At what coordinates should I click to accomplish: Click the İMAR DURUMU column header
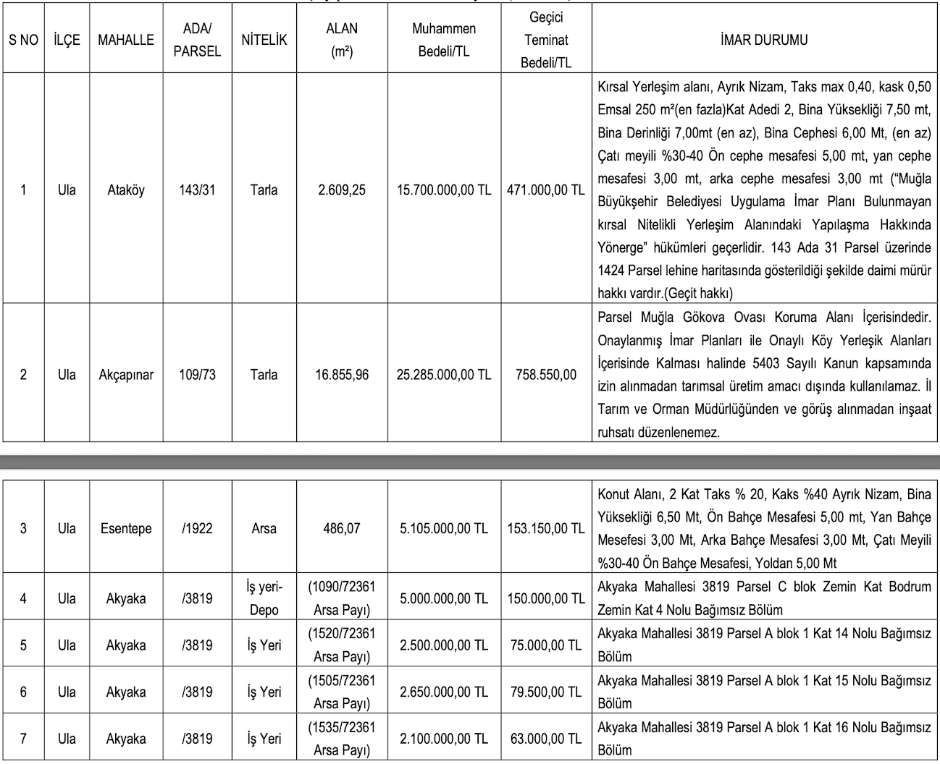[x=764, y=40]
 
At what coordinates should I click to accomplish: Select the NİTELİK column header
[x=264, y=40]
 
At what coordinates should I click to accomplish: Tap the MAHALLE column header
[x=126, y=40]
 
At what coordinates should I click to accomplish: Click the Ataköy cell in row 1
[x=126, y=190]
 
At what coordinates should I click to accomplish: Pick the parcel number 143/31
[x=197, y=190]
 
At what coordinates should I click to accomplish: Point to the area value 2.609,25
[x=342, y=190]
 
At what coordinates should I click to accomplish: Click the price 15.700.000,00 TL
[x=444, y=190]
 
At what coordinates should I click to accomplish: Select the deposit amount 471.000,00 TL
[x=545, y=190]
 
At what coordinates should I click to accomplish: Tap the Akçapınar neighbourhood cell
[x=126, y=375]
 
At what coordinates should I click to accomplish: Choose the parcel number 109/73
[x=197, y=375]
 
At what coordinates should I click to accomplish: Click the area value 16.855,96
[x=342, y=375]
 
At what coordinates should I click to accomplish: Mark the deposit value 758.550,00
[x=546, y=375]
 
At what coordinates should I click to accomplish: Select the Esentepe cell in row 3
[x=126, y=528]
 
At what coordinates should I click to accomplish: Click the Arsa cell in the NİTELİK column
[x=264, y=528]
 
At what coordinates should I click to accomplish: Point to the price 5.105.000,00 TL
[x=444, y=528]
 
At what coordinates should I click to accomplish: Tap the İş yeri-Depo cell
[x=264, y=598]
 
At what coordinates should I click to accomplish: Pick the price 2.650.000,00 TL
[x=444, y=692]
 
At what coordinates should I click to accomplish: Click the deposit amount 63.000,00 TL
[x=545, y=739]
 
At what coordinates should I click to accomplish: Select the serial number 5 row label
[x=23, y=645]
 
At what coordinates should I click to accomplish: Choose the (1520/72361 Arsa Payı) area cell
[x=342, y=645]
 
